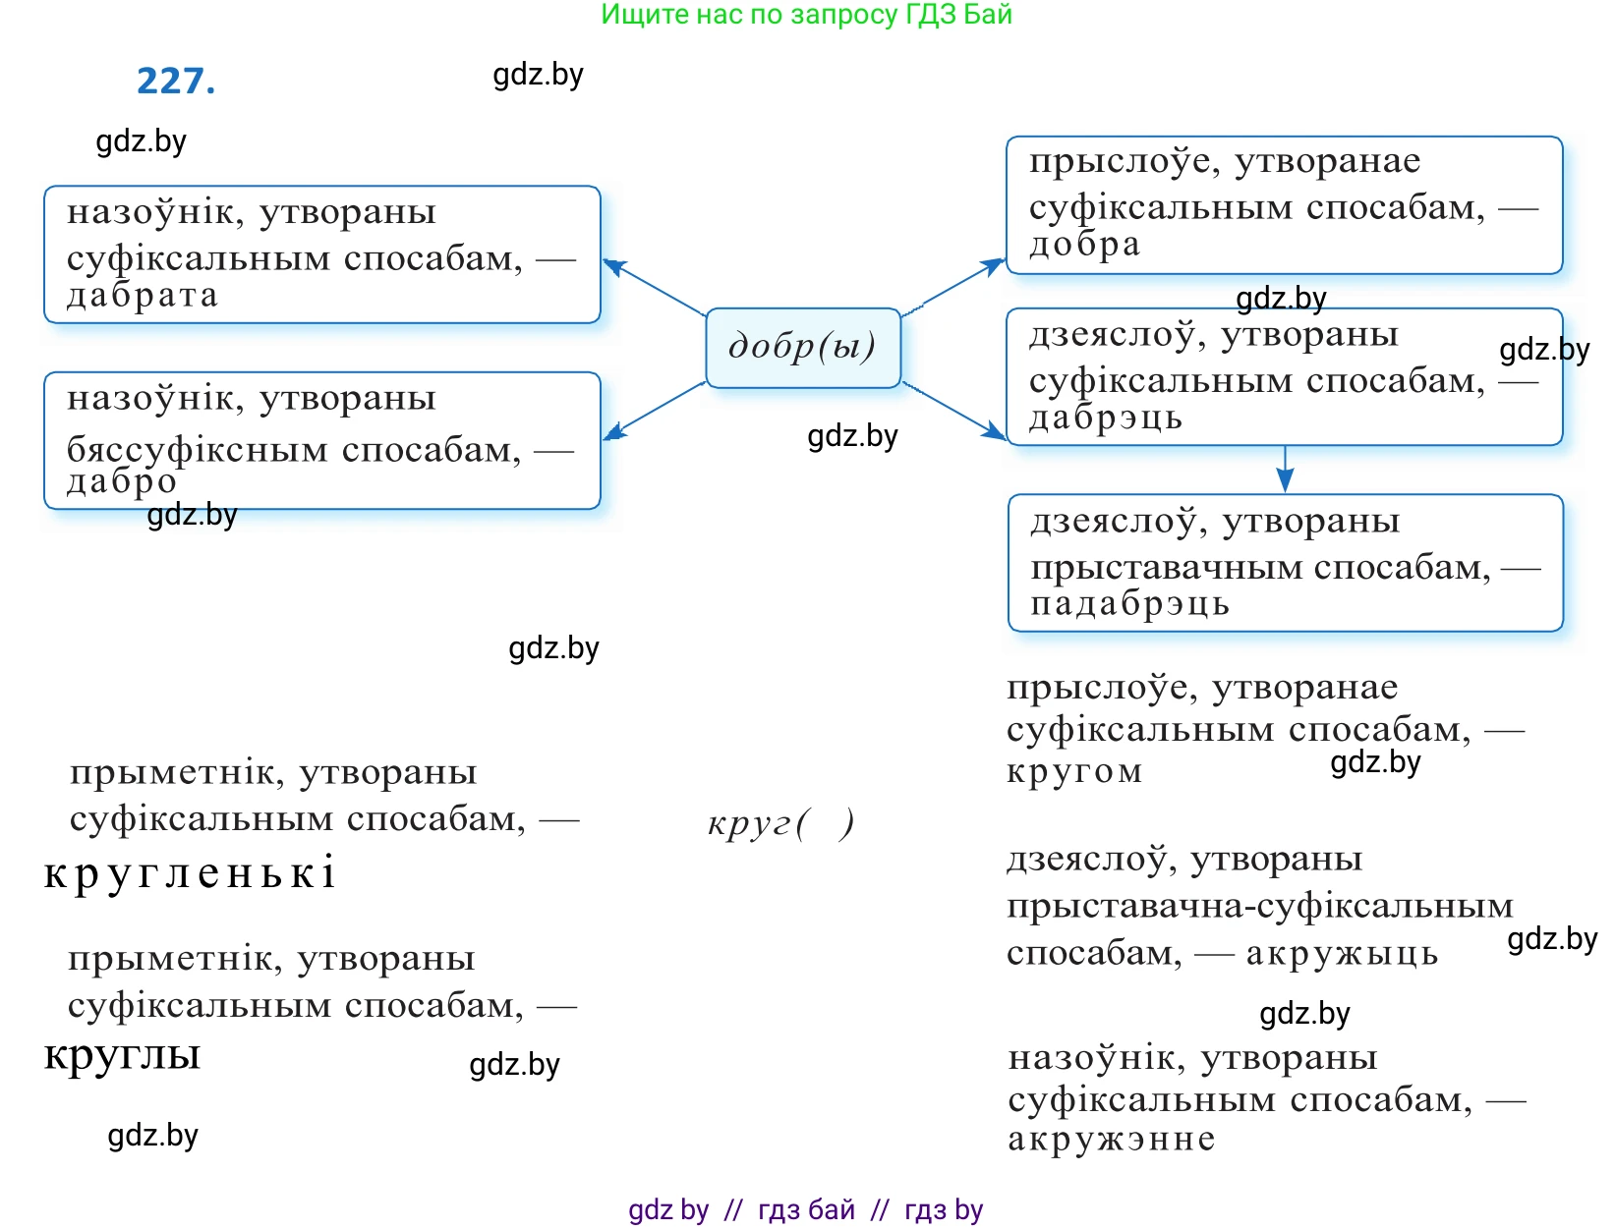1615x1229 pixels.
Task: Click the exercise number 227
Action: (x=176, y=81)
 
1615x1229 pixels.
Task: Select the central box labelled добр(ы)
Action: (x=802, y=348)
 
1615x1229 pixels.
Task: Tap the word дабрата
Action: (x=143, y=296)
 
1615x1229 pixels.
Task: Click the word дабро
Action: (x=122, y=481)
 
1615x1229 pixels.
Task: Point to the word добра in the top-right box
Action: (x=1084, y=245)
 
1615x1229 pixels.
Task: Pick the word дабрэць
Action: (x=1105, y=419)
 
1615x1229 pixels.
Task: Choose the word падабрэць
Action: (x=1129, y=603)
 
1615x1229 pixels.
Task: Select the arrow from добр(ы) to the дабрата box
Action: (x=653, y=287)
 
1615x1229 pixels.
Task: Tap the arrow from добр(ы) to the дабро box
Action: (x=653, y=410)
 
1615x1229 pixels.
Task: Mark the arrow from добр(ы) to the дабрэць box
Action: (x=953, y=411)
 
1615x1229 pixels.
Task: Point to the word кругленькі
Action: (x=190, y=872)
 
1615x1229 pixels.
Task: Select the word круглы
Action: (x=123, y=1054)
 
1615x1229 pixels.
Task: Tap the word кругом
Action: (x=1074, y=771)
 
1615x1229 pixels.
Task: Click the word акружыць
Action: (x=1342, y=954)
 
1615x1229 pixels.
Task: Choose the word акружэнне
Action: (x=1112, y=1140)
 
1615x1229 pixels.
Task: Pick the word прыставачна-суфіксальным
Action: (x=1259, y=906)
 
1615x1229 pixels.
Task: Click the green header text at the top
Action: (x=806, y=15)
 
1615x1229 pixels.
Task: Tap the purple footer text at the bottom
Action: (x=805, y=1209)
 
